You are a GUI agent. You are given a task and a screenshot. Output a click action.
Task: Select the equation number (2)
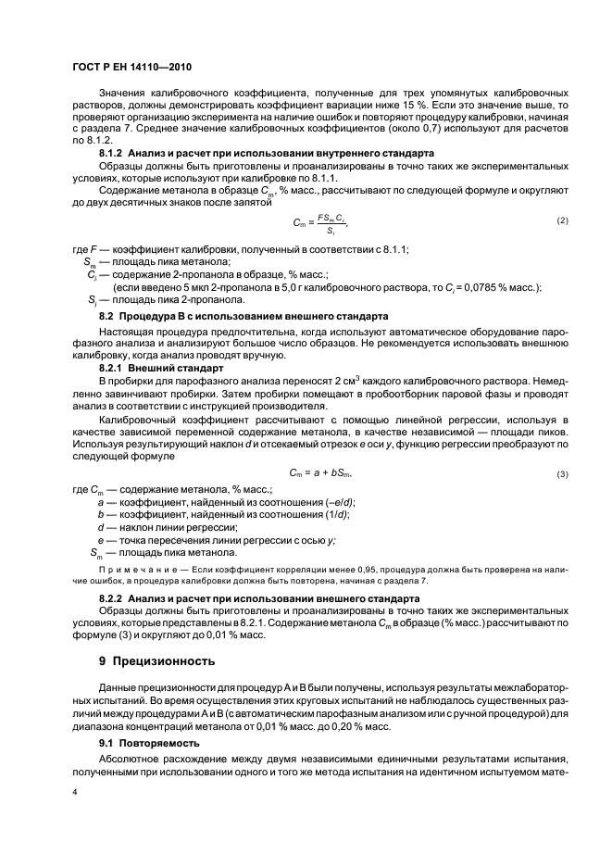click(562, 220)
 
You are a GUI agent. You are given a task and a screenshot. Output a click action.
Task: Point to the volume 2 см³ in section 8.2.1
click(322, 381)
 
